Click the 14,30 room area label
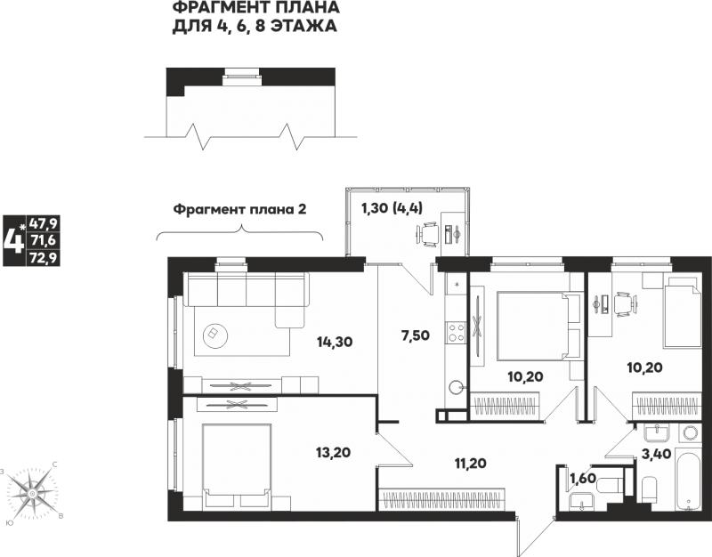tap(336, 342)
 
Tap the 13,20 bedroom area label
tap(333, 452)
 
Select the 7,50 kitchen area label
tap(416, 335)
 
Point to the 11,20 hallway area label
tap(471, 463)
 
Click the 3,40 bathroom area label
tap(657, 453)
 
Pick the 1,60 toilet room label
tap(583, 479)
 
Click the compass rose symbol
tap(32, 493)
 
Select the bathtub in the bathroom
tap(689, 480)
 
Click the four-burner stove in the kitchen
tap(457, 332)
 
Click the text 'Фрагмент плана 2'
tap(240, 210)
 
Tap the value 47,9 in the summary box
tap(43, 223)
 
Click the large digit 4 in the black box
tap(13, 240)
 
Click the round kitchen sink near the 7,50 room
tap(456, 387)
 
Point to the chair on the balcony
tap(428, 234)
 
